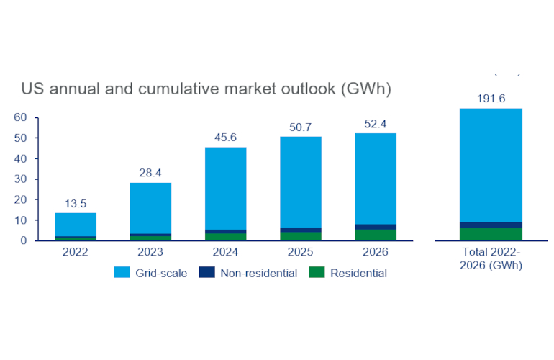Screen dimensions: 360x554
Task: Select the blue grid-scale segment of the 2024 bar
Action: point(226,189)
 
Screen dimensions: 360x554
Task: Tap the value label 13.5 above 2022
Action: point(76,203)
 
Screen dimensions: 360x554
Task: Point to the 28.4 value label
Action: point(150,173)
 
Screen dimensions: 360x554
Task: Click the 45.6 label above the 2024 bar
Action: point(226,138)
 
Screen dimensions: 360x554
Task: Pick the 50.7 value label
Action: point(301,127)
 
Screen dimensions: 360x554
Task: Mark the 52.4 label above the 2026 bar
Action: point(376,123)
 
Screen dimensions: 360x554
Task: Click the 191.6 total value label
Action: point(491,99)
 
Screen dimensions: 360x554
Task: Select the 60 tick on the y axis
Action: point(20,117)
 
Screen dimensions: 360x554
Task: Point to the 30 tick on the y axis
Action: point(20,179)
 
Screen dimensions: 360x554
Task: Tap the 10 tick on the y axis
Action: point(20,220)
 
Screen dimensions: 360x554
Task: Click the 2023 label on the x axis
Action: point(150,252)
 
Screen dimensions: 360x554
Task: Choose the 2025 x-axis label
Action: point(301,252)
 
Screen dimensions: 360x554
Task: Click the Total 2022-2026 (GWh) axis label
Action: point(491,258)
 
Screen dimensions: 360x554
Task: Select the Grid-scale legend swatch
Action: point(121,273)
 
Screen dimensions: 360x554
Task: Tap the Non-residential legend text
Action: point(259,273)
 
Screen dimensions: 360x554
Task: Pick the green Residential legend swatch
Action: point(317,273)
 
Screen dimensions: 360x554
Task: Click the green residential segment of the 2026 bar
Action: point(376,235)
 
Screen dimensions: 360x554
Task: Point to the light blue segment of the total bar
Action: point(491,166)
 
